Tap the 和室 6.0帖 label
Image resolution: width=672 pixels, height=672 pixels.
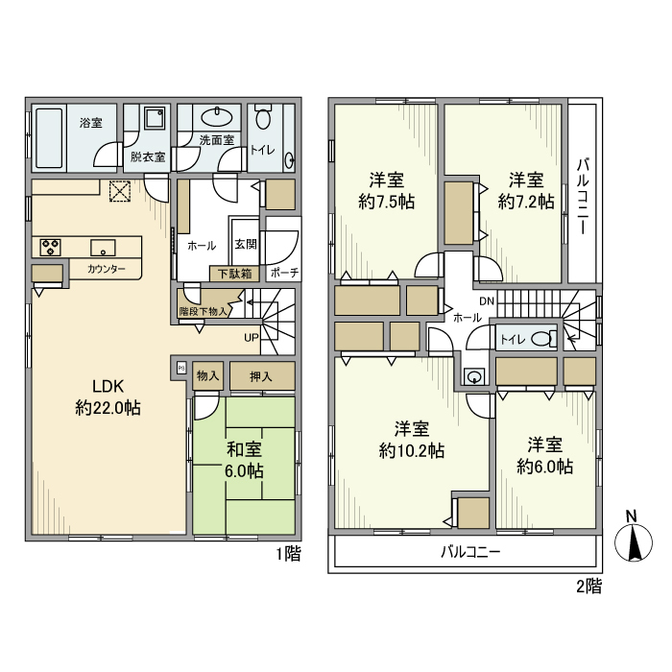(x=244, y=458)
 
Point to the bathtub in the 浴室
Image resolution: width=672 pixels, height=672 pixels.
(x=49, y=137)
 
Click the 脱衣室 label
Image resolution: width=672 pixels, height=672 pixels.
(x=147, y=156)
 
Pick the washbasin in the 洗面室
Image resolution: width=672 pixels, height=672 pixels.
(x=218, y=119)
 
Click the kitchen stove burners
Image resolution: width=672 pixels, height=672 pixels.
(x=50, y=247)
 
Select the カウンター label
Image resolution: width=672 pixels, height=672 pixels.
(x=106, y=270)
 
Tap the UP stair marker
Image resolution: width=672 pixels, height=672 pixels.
(x=251, y=337)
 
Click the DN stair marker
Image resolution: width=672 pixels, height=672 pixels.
(x=487, y=301)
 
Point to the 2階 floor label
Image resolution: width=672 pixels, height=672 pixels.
(x=588, y=585)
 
